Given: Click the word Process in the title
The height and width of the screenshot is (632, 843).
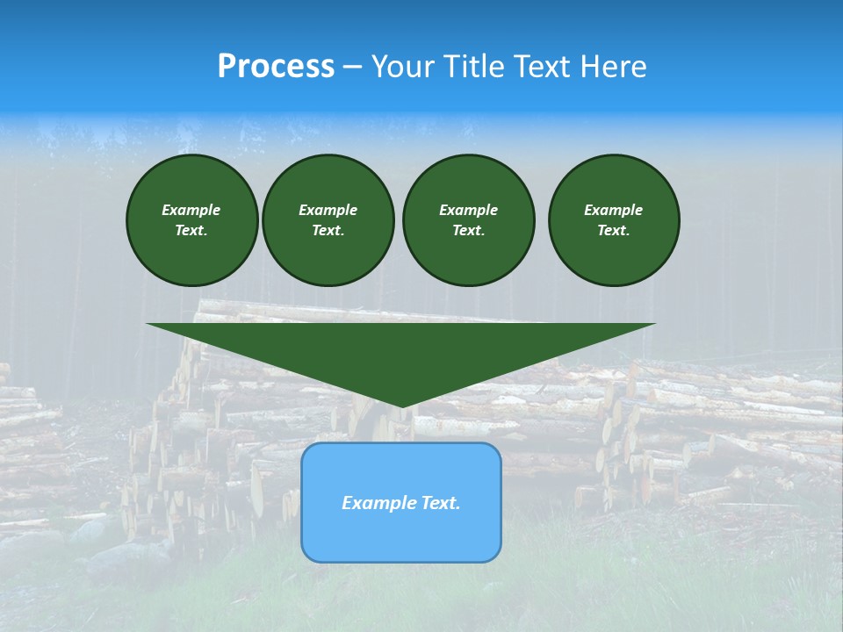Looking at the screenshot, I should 276,67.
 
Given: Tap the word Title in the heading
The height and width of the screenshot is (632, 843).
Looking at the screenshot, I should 478,67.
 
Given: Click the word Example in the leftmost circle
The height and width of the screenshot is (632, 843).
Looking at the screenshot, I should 191,210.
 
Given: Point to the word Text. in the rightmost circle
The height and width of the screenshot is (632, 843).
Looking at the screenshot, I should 613,230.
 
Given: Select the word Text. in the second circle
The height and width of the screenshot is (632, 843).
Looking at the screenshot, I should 328,230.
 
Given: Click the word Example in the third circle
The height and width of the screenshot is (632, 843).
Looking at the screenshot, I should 468,210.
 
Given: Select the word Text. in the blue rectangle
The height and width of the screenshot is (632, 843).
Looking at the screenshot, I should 439,503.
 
